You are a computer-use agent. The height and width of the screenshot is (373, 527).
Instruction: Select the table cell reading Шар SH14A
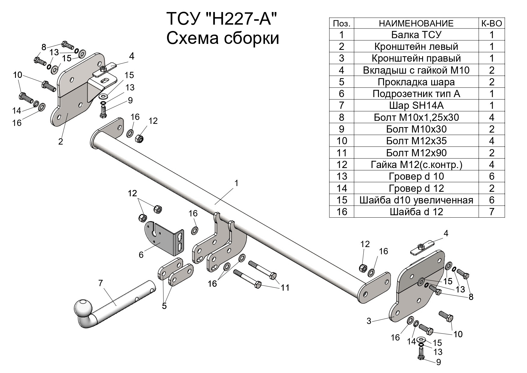point(416,105)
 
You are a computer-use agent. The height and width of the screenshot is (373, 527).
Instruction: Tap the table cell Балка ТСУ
point(416,35)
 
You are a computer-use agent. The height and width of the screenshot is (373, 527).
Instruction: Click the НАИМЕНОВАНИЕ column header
point(416,23)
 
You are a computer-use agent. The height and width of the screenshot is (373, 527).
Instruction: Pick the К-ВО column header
point(492,23)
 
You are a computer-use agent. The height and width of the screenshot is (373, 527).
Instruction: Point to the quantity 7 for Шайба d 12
point(492,212)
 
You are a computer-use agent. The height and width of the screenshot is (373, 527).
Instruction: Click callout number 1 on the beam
point(236,183)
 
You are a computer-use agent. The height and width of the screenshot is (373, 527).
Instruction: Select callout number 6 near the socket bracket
point(141,255)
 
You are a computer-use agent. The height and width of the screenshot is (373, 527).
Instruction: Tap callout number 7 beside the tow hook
point(100,283)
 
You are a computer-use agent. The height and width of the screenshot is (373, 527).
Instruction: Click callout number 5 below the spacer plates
point(164,306)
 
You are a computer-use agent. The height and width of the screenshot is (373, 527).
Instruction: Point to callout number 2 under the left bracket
point(61,142)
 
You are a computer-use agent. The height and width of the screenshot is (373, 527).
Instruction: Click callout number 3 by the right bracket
point(369,321)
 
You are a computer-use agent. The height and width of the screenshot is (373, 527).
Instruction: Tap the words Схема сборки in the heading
point(223,38)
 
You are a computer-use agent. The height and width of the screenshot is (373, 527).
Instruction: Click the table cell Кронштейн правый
point(416,58)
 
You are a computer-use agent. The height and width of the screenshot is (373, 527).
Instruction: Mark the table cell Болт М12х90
point(416,153)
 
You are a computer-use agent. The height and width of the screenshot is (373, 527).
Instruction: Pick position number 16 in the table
point(342,212)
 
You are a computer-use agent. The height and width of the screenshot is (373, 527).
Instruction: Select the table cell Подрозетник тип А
point(416,94)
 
